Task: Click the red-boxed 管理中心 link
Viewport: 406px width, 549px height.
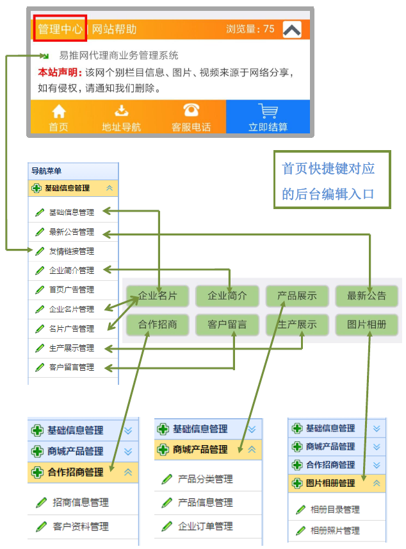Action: pos(60,29)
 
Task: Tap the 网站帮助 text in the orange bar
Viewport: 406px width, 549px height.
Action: pos(114,29)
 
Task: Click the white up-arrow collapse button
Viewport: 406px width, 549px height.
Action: pos(292,30)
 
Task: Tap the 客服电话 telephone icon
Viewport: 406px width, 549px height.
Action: pos(191,110)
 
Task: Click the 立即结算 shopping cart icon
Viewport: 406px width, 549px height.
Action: pos(268,110)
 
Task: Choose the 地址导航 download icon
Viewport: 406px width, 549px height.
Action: pos(122,110)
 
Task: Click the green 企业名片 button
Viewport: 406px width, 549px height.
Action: pos(158,296)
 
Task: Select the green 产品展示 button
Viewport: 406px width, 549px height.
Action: pos(297,296)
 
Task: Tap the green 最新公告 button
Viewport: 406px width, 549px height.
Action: pos(367,296)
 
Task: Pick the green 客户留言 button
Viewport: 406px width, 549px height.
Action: pos(227,325)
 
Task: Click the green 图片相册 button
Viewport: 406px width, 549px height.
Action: pos(367,325)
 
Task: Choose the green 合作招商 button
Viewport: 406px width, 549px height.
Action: pos(158,325)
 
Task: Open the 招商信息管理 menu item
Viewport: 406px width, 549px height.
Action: pos(81,503)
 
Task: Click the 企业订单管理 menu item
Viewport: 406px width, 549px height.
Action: pos(205,527)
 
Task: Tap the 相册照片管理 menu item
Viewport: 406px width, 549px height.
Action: pos(334,531)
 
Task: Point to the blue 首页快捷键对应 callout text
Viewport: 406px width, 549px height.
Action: pos(329,169)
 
